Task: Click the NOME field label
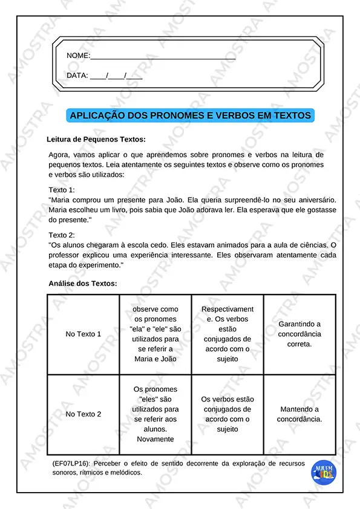(77, 56)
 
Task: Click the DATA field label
(77, 76)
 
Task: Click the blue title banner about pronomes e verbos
(190, 115)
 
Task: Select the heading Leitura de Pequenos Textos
(96, 139)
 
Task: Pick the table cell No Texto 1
(83, 334)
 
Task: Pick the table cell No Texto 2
(83, 414)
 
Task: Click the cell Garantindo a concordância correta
(299, 334)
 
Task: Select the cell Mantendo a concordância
(299, 414)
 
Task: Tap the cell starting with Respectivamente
(227, 334)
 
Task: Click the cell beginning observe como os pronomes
(155, 334)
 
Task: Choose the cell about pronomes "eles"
(155, 414)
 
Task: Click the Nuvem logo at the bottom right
(324, 473)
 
